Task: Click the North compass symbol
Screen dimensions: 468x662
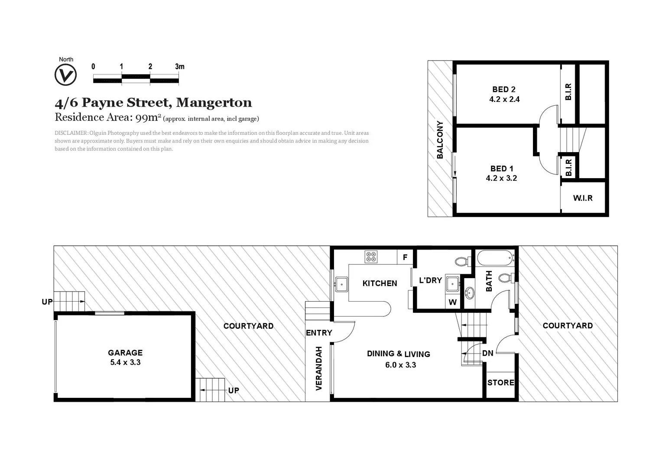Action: pos(65,75)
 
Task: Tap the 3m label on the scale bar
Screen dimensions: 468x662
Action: pos(179,66)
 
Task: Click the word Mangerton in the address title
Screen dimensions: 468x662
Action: pos(214,103)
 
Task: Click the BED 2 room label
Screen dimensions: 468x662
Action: pos(504,89)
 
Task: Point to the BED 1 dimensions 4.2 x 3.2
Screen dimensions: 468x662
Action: pos(501,178)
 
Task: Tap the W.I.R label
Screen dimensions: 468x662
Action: pos(583,198)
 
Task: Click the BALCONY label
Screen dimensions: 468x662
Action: pos(440,140)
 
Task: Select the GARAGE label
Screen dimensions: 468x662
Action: pos(125,353)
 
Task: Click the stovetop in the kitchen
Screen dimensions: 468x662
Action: pos(371,257)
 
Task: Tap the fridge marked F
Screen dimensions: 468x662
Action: pos(405,257)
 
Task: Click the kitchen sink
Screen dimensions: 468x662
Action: pos(341,284)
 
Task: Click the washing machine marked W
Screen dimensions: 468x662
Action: pos(453,302)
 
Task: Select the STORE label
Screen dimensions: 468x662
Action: pos(501,383)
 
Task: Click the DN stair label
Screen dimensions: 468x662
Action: pos(488,353)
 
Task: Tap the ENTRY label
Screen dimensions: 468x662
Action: pos(319,333)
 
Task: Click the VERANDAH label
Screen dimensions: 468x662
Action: pos(319,368)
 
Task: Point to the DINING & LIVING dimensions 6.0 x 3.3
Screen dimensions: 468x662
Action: pos(400,365)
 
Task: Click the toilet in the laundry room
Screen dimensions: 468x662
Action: pos(461,261)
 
